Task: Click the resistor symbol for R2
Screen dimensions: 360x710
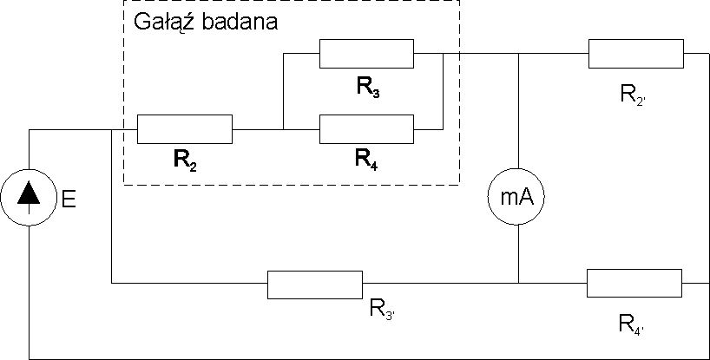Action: pyautogui.click(x=185, y=129)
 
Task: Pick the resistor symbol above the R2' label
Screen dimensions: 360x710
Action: pyautogui.click(x=635, y=54)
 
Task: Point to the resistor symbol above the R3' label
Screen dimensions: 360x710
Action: pyautogui.click(x=314, y=284)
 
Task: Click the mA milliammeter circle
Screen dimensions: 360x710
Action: pyautogui.click(x=518, y=198)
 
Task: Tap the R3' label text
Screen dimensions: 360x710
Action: pyautogui.click(x=383, y=308)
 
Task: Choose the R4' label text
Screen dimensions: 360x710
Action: pyautogui.click(x=632, y=324)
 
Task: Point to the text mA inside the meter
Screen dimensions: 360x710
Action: pyautogui.click(x=518, y=199)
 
